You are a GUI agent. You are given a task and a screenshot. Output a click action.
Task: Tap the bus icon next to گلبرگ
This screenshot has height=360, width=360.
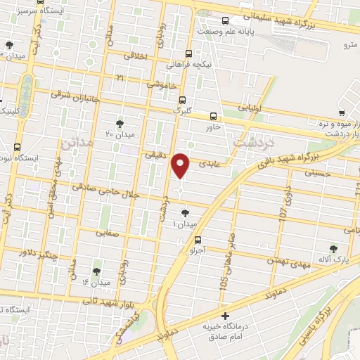182,100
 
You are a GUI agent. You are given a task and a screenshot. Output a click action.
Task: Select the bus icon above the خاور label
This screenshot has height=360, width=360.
214,117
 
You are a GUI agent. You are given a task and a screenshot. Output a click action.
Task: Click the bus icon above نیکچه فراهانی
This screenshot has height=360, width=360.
188,53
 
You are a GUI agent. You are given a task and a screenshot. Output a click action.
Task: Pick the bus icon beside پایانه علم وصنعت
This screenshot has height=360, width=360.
225,20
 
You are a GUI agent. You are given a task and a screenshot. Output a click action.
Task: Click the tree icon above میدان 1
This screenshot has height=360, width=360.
185,213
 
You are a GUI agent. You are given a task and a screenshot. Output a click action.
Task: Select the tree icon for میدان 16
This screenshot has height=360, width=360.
96,271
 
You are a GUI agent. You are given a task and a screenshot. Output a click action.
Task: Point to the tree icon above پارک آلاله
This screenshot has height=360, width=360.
333,248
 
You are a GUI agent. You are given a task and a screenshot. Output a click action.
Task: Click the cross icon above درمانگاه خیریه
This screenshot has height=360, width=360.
225,317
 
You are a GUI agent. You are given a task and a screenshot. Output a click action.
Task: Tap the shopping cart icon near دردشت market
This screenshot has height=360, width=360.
342,112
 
